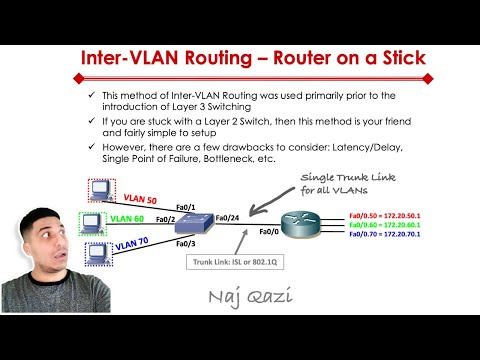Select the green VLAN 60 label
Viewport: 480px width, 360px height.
pos(127,218)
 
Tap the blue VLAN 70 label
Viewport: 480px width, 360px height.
pos(134,243)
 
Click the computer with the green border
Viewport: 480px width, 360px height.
pos(91,221)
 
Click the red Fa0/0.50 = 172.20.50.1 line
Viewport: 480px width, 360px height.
pos(384,215)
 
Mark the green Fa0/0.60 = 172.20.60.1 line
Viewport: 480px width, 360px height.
pos(384,224)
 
